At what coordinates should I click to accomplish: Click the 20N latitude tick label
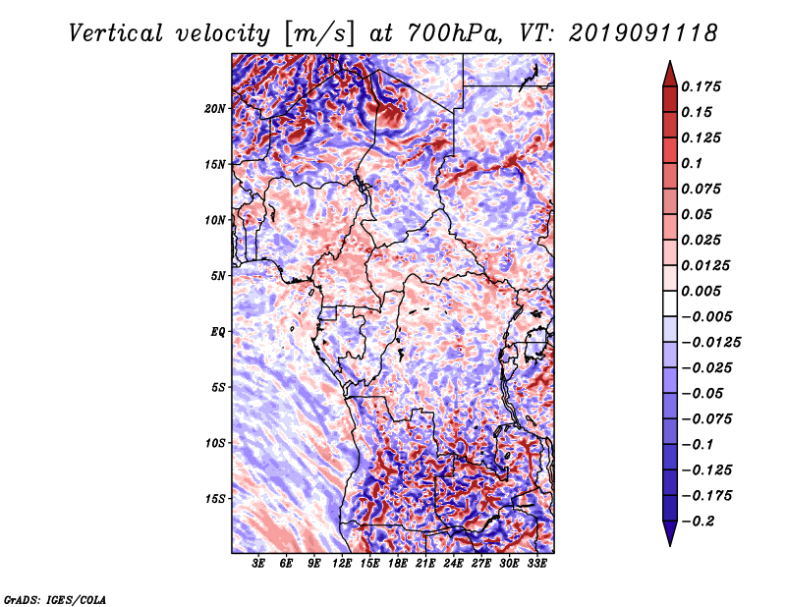[x=215, y=108]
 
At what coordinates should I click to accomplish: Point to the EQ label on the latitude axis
[x=217, y=332]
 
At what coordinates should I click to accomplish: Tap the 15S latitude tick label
[x=215, y=499]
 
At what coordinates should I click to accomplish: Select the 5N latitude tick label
[x=218, y=276]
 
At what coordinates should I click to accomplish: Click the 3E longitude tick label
[x=258, y=564]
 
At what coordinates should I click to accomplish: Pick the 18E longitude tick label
[x=398, y=564]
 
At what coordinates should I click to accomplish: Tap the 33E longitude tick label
[x=536, y=564]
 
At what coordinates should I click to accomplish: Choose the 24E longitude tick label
[x=453, y=564]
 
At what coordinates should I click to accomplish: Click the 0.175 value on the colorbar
[x=701, y=86]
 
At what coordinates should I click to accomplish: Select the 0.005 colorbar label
[x=701, y=291]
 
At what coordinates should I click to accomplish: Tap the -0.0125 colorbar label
[x=710, y=343]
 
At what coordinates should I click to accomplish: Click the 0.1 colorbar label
[x=692, y=163]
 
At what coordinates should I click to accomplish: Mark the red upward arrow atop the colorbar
[x=670, y=74]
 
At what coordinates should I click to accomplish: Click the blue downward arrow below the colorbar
[x=670, y=533]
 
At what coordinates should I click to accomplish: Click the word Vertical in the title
[x=116, y=33]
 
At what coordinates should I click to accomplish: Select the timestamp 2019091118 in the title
[x=644, y=33]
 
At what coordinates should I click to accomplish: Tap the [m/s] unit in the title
[x=319, y=33]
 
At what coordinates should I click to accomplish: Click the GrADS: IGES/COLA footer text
[x=55, y=600]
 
